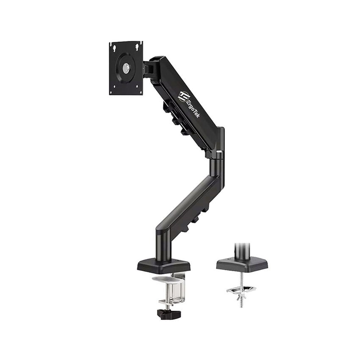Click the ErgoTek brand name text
click(193, 104)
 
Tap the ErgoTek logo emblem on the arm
click(183, 96)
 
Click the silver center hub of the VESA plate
click(127, 68)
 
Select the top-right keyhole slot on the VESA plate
click(138, 46)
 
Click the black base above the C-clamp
click(163, 266)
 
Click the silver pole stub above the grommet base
click(242, 250)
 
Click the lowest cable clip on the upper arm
click(186, 132)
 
